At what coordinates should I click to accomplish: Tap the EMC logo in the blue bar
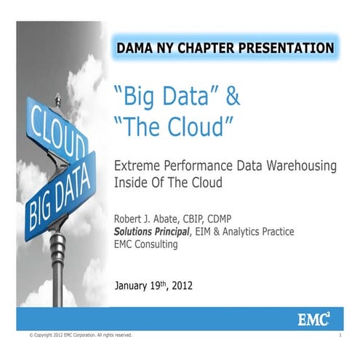click(x=316, y=319)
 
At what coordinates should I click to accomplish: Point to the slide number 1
click(x=340, y=335)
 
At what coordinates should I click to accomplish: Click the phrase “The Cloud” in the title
click(x=174, y=127)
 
